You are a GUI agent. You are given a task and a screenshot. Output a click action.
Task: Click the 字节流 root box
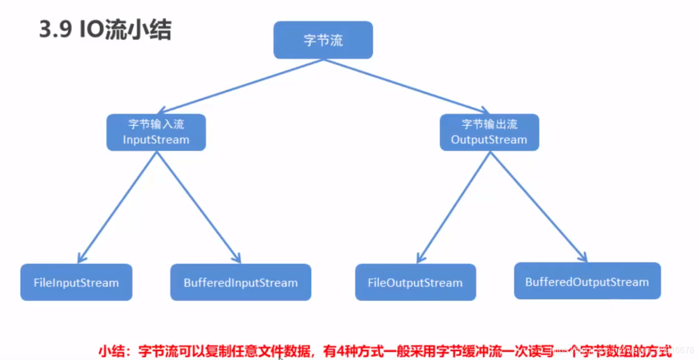[x=323, y=40]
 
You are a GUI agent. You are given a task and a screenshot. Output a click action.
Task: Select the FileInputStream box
[x=76, y=283]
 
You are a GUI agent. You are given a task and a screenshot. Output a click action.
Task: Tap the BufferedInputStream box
[x=241, y=283]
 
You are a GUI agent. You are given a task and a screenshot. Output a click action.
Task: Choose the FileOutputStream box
[x=415, y=283]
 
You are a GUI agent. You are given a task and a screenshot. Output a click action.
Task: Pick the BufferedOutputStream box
[x=587, y=282]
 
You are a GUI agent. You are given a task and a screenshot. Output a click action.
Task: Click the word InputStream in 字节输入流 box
[x=156, y=140]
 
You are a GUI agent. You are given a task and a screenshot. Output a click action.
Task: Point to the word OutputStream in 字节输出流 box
[x=489, y=140]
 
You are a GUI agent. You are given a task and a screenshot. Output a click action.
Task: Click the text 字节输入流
[x=156, y=125]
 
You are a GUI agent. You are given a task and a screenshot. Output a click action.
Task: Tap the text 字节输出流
[x=489, y=125]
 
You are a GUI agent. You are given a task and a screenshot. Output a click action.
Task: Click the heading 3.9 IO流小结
[x=105, y=31]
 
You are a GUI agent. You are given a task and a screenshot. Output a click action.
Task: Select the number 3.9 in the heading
[x=55, y=31]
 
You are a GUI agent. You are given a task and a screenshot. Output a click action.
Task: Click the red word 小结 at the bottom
[x=111, y=350]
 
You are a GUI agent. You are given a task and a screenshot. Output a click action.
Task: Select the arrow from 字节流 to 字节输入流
[x=241, y=86]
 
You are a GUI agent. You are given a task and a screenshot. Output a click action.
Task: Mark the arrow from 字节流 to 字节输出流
[x=406, y=86]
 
